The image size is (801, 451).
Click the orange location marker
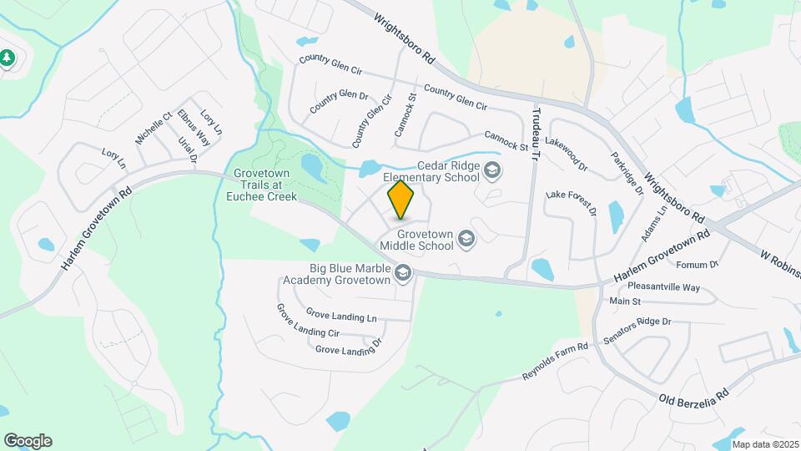pos(401,200)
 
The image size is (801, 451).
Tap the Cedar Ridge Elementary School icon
pos(492,171)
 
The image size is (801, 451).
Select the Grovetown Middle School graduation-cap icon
pos(466,241)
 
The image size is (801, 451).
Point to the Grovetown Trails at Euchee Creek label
pos(261,185)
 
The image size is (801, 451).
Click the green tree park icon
pos(8,58)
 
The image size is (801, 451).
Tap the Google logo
pos(28,441)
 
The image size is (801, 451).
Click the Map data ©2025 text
pos(765,444)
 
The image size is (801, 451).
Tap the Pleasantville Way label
pos(665,287)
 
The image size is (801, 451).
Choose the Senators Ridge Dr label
pos(642,322)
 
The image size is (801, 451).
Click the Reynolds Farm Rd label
pos(555,360)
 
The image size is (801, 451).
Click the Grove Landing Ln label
pos(341,316)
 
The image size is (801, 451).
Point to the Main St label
pos(625,301)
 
